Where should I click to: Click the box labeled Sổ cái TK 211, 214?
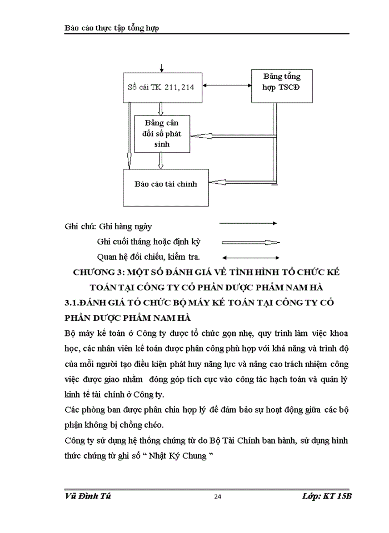tap(161, 87)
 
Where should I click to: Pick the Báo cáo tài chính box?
tap(165, 184)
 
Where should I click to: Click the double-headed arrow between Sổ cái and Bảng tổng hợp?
tap(226, 86)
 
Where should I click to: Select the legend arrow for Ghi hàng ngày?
tap(248, 223)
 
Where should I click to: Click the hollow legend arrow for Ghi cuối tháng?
tap(250, 242)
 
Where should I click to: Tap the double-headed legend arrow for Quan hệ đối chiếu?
tap(250, 257)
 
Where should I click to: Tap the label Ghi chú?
tap(81, 227)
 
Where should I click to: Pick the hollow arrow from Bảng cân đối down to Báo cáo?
tap(161, 161)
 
